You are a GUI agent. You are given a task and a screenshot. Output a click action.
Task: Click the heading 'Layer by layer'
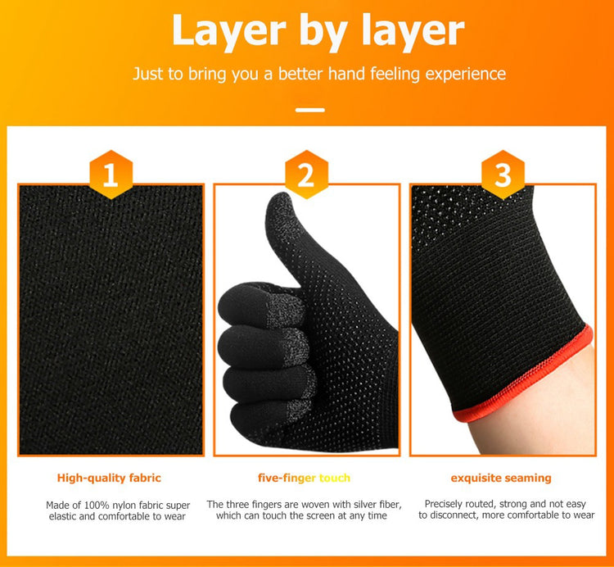pos(318,31)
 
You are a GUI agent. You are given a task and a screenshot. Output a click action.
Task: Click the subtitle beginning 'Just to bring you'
pos(319,74)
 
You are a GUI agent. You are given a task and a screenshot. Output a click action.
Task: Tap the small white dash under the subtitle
pos(310,110)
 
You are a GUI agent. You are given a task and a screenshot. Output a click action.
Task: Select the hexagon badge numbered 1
pos(111,175)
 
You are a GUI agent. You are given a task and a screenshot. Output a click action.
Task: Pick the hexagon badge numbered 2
pos(306,175)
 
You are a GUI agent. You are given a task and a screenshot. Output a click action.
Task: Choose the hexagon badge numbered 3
pos(503,175)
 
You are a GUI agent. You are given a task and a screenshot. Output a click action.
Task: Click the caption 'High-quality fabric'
pos(109,478)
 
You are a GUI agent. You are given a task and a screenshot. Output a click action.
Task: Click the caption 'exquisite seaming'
pos(501,478)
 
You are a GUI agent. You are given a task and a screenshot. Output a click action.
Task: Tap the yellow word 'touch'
pos(334,478)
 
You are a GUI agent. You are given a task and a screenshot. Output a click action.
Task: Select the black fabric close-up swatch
pos(111,320)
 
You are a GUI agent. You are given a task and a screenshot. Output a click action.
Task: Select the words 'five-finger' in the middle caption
pos(287,478)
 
